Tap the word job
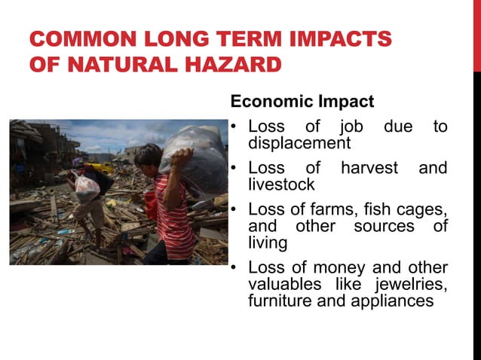(351, 126)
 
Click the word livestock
(281, 184)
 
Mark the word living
(267, 242)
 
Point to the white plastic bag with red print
(87, 188)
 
